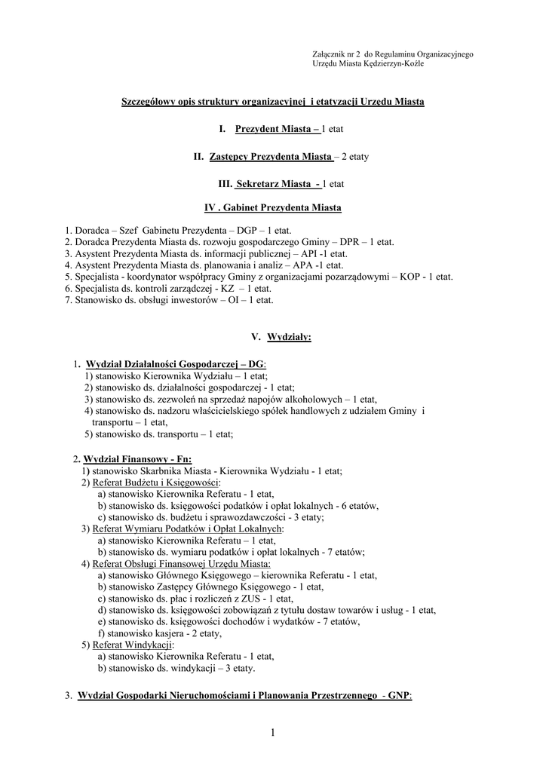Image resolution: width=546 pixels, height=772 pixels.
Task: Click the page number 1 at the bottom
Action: [273, 734]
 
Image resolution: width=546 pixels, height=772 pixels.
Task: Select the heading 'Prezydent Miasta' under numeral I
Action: [275, 130]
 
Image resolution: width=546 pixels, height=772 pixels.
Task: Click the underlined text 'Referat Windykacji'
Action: [133, 645]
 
